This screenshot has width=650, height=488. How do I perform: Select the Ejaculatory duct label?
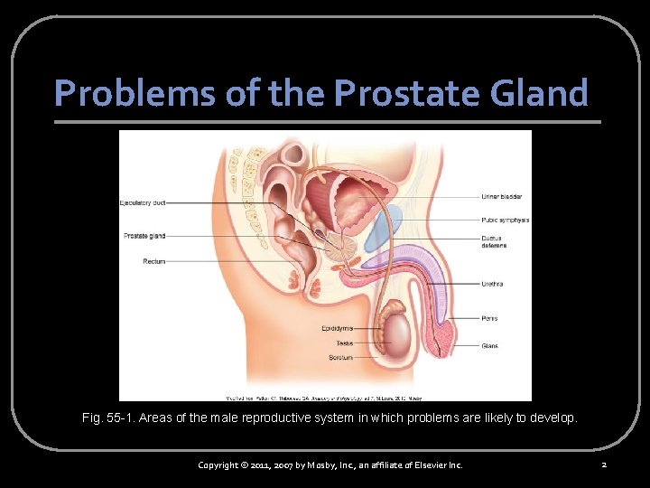tap(143, 203)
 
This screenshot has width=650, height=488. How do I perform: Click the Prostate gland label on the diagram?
tap(144, 236)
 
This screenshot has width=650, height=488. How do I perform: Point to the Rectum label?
tap(153, 261)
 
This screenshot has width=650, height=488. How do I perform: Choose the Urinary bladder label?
tap(502, 196)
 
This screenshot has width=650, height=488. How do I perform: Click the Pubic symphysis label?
tap(505, 220)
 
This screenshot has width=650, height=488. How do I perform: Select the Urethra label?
tap(492, 284)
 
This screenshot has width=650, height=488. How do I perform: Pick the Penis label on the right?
tap(489, 318)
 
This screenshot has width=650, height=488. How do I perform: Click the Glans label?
tap(489, 345)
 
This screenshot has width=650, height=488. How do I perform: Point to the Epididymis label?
tap(337, 328)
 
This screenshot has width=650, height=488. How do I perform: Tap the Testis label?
tap(344, 343)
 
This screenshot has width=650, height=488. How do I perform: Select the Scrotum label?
tap(340, 358)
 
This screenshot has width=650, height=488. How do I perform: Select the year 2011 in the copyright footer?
tap(270, 465)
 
